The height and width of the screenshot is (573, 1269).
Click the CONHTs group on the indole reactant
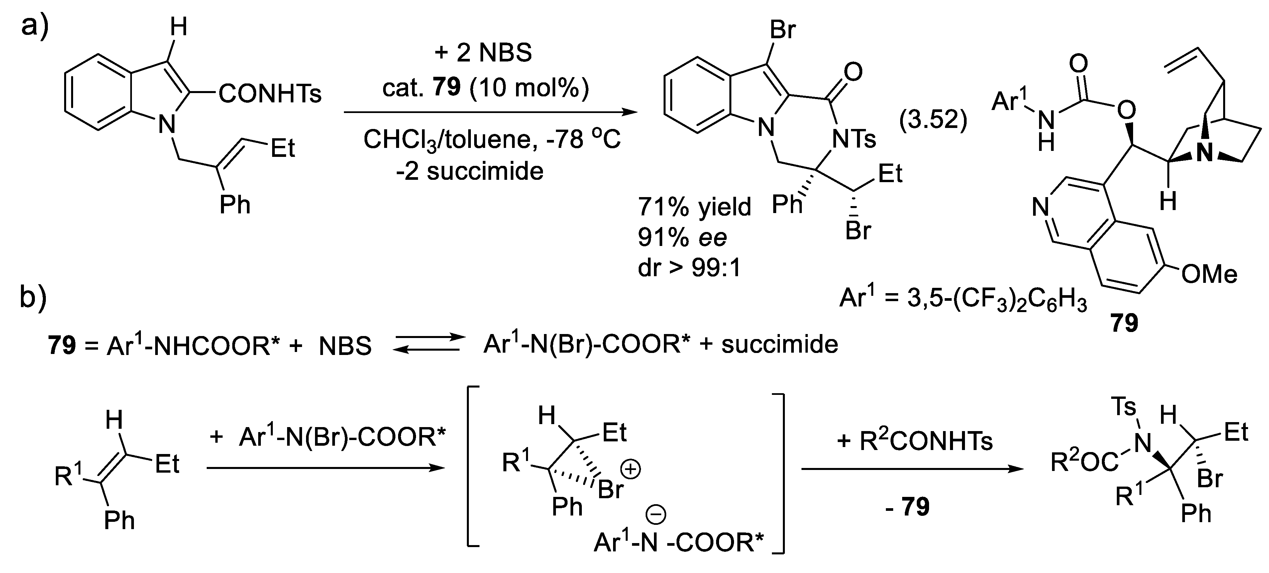click(x=269, y=94)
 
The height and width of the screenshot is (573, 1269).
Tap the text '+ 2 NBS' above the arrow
click(x=483, y=53)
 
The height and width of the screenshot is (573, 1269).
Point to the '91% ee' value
click(x=682, y=238)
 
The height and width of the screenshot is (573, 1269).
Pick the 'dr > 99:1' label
click(x=689, y=269)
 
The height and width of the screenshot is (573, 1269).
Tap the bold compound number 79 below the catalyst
click(x=1124, y=323)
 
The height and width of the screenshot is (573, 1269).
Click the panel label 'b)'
click(x=33, y=298)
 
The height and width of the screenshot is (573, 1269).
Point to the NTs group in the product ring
click(x=854, y=140)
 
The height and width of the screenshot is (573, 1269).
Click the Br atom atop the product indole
click(x=782, y=30)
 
